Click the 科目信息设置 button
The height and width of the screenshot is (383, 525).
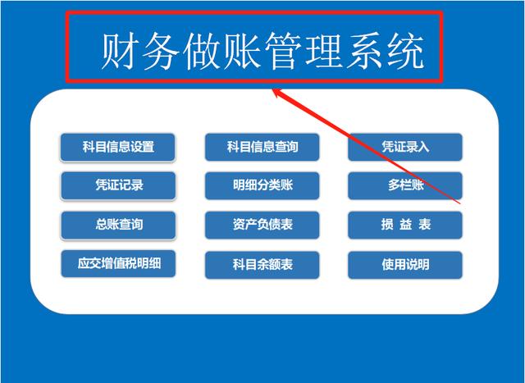(118, 148)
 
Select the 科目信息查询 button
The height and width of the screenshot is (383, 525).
(262, 148)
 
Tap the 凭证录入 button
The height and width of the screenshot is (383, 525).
(405, 148)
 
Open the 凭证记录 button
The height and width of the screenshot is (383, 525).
(118, 185)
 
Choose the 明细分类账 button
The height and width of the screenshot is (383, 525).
(262, 185)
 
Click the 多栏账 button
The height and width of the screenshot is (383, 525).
(405, 185)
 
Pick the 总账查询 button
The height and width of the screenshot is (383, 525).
(118, 224)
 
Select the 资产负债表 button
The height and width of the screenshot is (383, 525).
(262, 225)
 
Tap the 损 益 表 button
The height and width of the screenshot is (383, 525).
(405, 225)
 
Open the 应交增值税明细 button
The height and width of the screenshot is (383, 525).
(118, 264)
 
